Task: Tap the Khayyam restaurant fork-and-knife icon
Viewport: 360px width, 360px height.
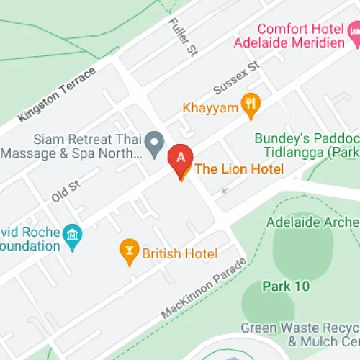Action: click(250, 106)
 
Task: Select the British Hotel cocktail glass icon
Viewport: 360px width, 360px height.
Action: click(130, 251)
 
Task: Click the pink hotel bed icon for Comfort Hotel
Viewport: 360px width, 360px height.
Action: click(352, 32)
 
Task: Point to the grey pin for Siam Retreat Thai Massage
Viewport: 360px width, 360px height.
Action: click(153, 143)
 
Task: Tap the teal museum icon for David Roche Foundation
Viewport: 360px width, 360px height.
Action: click(73, 234)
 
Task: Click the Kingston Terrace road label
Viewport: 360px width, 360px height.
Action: click(57, 95)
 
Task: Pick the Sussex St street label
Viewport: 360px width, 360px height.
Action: click(235, 78)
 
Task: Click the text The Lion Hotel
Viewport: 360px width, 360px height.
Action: click(240, 169)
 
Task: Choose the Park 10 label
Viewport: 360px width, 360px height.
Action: click(285, 286)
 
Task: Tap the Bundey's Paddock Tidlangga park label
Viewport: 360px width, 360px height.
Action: click(307, 145)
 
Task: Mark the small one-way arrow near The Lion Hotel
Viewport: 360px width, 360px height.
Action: click(227, 191)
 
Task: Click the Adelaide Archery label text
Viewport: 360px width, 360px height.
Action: click(313, 222)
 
